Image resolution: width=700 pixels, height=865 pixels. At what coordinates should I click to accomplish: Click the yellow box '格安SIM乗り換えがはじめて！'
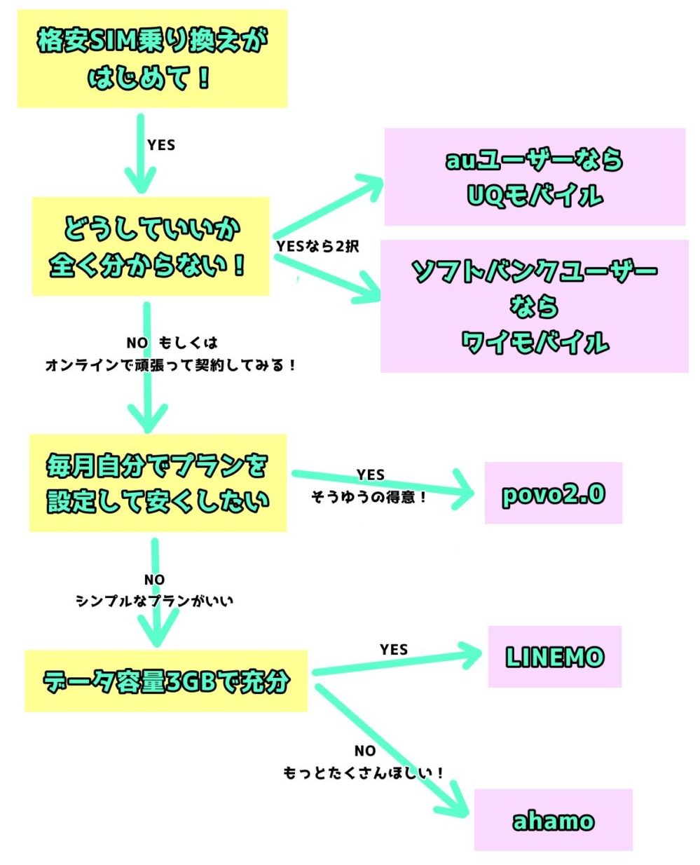(152, 59)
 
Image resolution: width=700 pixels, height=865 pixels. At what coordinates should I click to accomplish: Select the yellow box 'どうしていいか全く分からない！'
(151, 246)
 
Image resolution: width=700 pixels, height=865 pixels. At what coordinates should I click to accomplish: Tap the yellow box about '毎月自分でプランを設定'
(158, 483)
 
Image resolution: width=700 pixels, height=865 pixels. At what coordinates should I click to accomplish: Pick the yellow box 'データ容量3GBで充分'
(166, 681)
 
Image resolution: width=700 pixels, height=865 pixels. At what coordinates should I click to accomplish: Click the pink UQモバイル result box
(535, 177)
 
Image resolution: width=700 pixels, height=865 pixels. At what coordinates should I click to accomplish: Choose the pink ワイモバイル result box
(535, 306)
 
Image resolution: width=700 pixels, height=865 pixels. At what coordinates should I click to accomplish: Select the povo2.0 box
(553, 493)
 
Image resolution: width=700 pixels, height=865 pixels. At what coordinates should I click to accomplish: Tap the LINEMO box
(554, 656)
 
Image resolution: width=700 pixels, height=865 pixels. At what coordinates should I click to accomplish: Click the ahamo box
(553, 819)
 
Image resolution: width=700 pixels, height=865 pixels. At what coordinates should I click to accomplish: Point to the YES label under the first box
(161, 145)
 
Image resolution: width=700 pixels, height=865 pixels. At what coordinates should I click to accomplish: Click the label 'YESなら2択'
(317, 246)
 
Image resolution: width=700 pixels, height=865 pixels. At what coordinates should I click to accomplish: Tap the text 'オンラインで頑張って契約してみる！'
(172, 365)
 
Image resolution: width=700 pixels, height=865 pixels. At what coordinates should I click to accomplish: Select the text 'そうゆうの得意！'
(369, 496)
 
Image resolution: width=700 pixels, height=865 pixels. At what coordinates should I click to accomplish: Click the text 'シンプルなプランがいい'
(155, 600)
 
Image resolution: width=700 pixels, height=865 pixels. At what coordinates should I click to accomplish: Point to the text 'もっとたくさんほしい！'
(364, 772)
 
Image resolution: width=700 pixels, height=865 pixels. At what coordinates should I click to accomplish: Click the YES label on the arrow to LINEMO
(394, 650)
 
